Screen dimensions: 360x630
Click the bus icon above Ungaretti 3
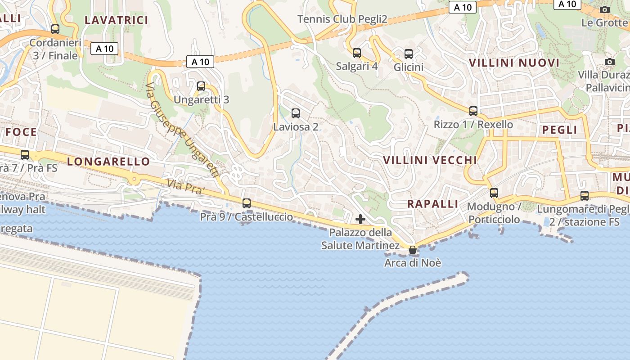pos(201,86)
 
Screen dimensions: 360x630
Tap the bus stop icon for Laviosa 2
pos(296,113)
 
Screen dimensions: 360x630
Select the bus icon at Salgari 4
pos(357,53)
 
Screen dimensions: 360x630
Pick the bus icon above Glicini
pos(409,54)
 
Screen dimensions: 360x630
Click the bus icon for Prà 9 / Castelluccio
pos(247,203)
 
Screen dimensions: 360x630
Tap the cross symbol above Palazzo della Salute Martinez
pos(360,219)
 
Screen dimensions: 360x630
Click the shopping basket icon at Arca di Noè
pos(413,250)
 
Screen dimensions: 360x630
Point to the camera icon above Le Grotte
pos(605,9)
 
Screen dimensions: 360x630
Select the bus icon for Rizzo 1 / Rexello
pos(473,111)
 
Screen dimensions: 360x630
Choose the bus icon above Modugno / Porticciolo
pos(494,193)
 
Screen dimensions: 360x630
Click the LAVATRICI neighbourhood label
pos(117,20)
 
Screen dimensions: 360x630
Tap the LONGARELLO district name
pos(108,162)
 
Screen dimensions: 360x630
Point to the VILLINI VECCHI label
pos(430,160)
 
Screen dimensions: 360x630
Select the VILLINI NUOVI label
pos(514,63)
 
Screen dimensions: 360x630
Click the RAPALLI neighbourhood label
pos(432,204)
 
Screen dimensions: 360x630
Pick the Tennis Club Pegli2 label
pos(342,19)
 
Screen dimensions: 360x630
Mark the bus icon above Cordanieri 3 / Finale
pos(55,29)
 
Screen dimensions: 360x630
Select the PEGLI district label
pos(559,130)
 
